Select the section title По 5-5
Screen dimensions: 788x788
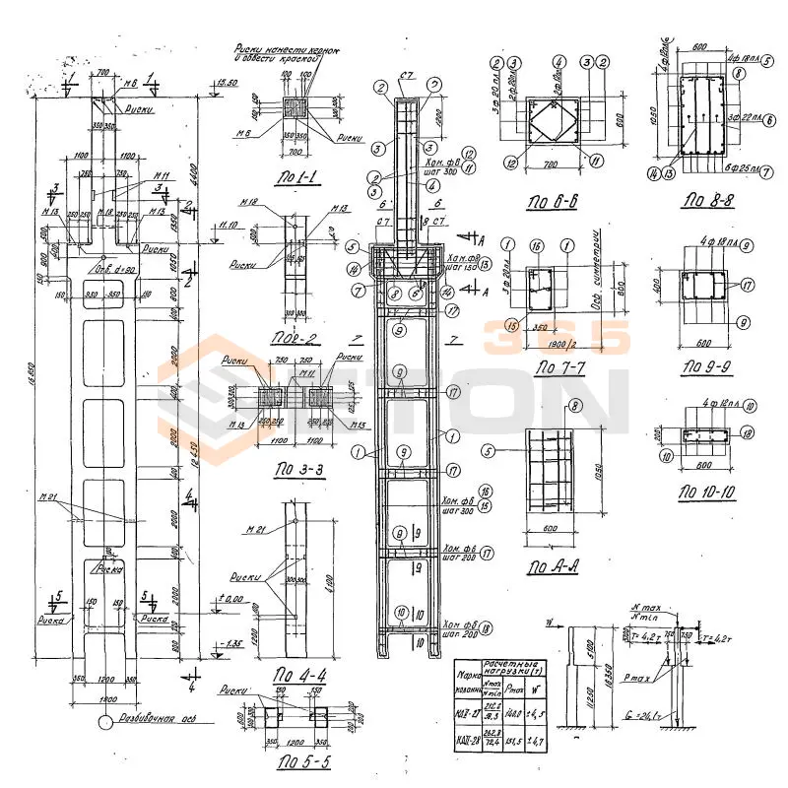[x=303, y=762]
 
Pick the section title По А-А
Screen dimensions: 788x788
[x=552, y=568]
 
